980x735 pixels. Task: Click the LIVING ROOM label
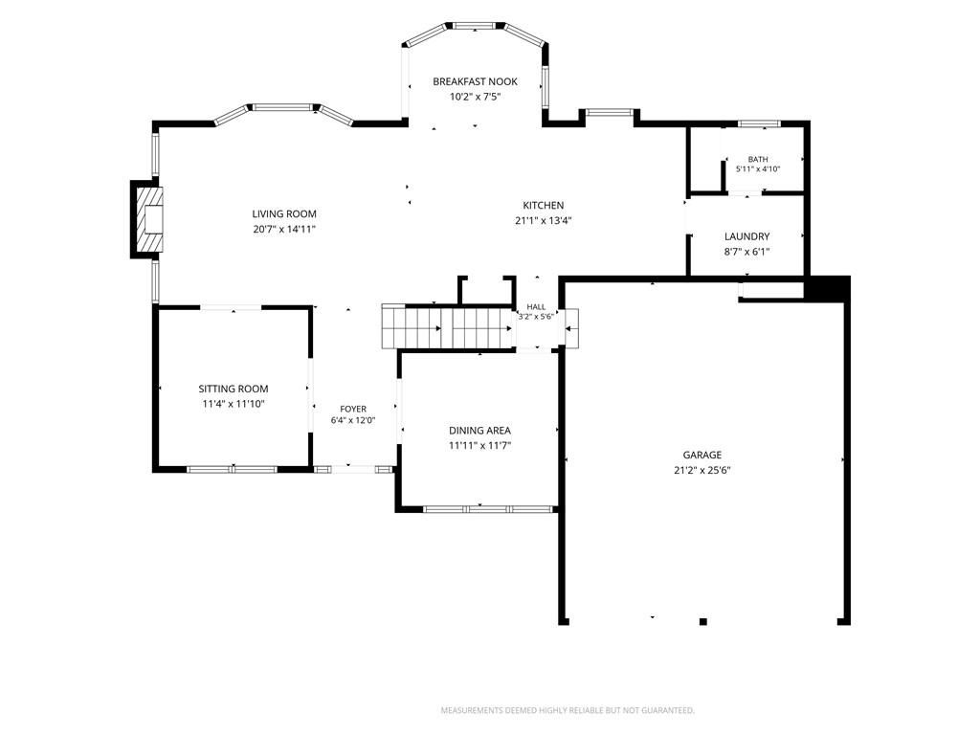(284, 213)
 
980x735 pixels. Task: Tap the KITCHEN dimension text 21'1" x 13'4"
(544, 221)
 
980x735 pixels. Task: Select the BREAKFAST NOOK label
(475, 81)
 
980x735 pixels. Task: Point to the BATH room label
(758, 160)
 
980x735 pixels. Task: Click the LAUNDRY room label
(746, 236)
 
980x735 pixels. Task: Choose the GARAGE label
(702, 455)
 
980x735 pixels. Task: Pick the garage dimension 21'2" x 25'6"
(702, 471)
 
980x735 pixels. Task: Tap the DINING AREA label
(480, 430)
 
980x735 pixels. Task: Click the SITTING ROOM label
(234, 389)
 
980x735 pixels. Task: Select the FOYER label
(353, 409)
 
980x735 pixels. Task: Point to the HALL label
(536, 307)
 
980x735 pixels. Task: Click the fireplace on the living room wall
(146, 219)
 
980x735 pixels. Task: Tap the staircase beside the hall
(448, 327)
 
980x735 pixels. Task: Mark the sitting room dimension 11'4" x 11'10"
(234, 405)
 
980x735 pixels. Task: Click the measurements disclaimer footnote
(568, 711)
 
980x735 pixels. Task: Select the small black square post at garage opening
(703, 622)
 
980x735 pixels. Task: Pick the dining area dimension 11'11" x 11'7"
(480, 446)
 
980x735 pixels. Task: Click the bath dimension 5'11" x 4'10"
(758, 168)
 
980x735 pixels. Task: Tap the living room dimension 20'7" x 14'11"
(284, 230)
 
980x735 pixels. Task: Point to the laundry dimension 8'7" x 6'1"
(746, 252)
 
